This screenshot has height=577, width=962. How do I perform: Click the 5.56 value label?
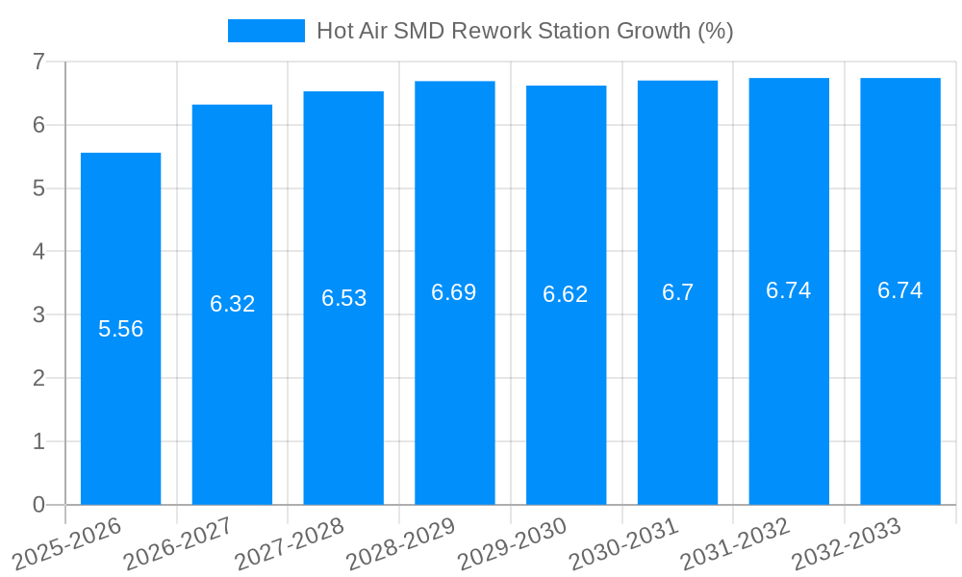tap(120, 329)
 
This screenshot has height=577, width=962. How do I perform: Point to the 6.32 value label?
tap(232, 304)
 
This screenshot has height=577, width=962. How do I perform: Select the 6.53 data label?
tap(343, 298)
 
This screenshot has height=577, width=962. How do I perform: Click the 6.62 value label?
tap(566, 294)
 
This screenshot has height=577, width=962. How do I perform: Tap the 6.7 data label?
tap(677, 292)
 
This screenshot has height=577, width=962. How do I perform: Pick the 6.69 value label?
tap(454, 292)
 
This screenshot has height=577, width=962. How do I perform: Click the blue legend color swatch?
tap(266, 31)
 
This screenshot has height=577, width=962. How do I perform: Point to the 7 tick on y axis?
tap(38, 62)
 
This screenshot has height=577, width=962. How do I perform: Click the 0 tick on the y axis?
tap(38, 505)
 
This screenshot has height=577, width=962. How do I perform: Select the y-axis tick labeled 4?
tap(38, 251)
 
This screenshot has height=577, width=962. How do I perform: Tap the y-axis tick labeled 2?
tap(38, 378)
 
